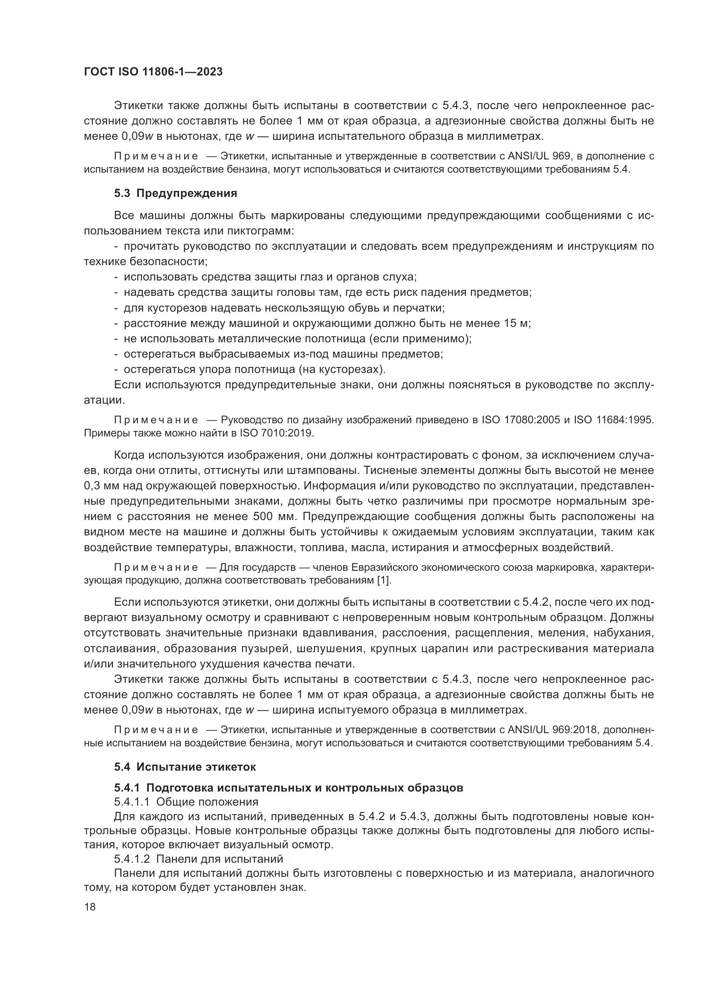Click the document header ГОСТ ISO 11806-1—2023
click(x=153, y=72)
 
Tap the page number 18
click(x=90, y=907)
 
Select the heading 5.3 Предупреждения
click(x=175, y=193)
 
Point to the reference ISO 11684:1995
click(x=613, y=420)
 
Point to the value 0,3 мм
click(x=100, y=486)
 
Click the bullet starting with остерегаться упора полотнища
click(x=254, y=369)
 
